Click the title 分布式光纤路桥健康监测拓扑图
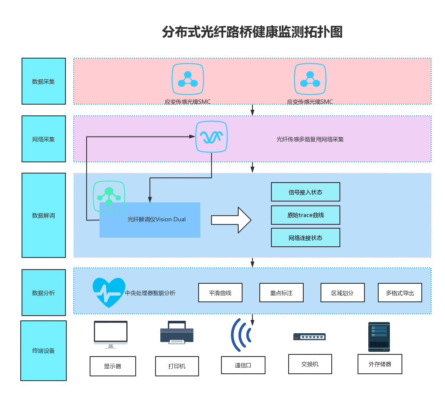252,32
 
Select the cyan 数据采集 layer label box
44,81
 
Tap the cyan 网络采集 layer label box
44,139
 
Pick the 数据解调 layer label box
44,215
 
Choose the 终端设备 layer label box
44,351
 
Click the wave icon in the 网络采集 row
212,137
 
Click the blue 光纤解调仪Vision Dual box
150,220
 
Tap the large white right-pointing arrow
231,220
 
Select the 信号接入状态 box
305,192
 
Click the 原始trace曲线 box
305,215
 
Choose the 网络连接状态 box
305,237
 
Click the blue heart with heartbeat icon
109,292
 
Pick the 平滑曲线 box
220,293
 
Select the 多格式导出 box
400,293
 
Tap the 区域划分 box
342,293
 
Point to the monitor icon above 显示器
111,334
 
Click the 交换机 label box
310,364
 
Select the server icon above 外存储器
379,337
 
